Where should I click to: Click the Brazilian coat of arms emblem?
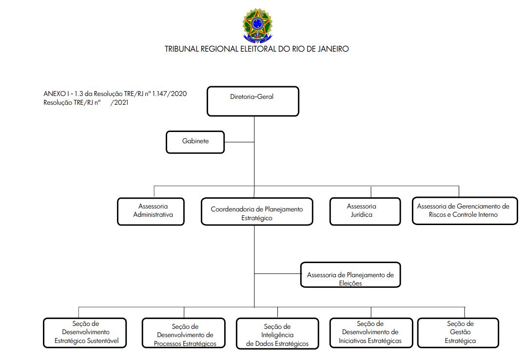(x=257, y=26)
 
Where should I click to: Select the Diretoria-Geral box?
(x=253, y=101)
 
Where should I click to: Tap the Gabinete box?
(x=195, y=142)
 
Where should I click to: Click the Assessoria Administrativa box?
(x=151, y=211)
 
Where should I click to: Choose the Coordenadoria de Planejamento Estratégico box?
(x=257, y=211)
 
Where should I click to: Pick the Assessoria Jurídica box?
(x=365, y=211)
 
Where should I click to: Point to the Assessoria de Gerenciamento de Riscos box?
(x=465, y=211)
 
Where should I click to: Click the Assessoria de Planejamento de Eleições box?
(x=350, y=275)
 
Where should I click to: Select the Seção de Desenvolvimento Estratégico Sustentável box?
(x=85, y=333)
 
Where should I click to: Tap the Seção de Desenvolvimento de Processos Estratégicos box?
(x=183, y=333)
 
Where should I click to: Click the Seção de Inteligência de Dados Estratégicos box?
(x=277, y=334)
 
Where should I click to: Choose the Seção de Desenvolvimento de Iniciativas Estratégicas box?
(x=371, y=333)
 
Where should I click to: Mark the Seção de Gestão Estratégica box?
(x=458, y=333)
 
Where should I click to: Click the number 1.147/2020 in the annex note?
(x=170, y=94)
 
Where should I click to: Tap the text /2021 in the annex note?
(x=119, y=102)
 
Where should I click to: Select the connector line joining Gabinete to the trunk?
(x=239, y=142)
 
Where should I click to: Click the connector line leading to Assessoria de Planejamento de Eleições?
(x=277, y=274)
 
